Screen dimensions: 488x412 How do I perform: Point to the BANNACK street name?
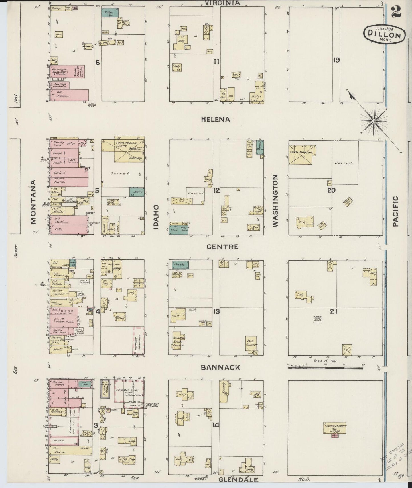pyautogui.click(x=220, y=367)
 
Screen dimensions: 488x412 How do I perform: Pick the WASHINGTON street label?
pyautogui.click(x=275, y=201)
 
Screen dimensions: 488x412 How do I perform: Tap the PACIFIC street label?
pyautogui.click(x=395, y=211)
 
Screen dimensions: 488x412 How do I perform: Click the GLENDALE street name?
pyautogui.click(x=239, y=480)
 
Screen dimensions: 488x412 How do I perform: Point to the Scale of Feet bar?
pyautogui.click(x=325, y=368)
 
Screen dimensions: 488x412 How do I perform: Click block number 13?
pyautogui.click(x=216, y=312)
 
